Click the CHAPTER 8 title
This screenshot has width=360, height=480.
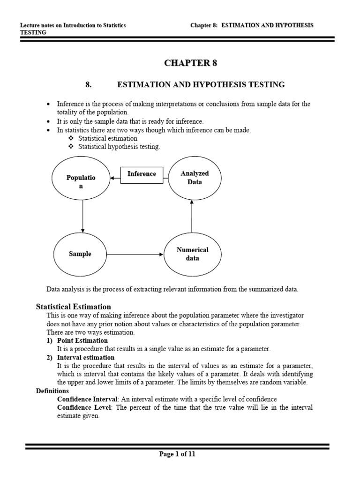click(190, 63)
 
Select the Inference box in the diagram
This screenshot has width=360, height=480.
click(142, 174)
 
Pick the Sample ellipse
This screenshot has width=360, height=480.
click(80, 254)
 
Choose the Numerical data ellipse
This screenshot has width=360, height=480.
click(192, 254)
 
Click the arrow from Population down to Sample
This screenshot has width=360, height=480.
click(82, 216)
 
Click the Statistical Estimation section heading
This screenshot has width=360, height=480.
click(74, 307)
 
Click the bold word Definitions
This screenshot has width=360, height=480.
click(52, 390)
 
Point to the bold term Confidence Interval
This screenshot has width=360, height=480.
click(87, 399)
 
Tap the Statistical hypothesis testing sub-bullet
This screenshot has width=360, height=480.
click(119, 147)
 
